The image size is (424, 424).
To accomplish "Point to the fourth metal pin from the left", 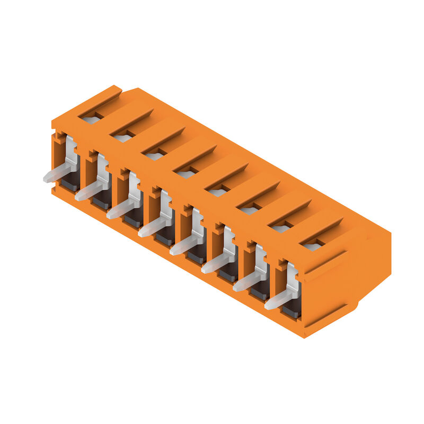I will (153, 228).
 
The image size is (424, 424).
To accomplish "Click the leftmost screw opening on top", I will (91, 119).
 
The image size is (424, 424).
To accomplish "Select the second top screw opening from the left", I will (123, 138).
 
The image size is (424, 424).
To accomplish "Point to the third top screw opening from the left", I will (155, 156).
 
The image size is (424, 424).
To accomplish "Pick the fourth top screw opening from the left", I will (186, 174).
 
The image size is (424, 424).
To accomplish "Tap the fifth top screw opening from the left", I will (218, 192).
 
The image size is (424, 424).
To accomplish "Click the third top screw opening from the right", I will (249, 210).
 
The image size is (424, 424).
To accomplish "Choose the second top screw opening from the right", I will (281, 228).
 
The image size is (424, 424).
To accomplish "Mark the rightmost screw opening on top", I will (313, 246).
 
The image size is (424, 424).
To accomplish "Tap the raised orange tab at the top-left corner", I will (101, 95).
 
